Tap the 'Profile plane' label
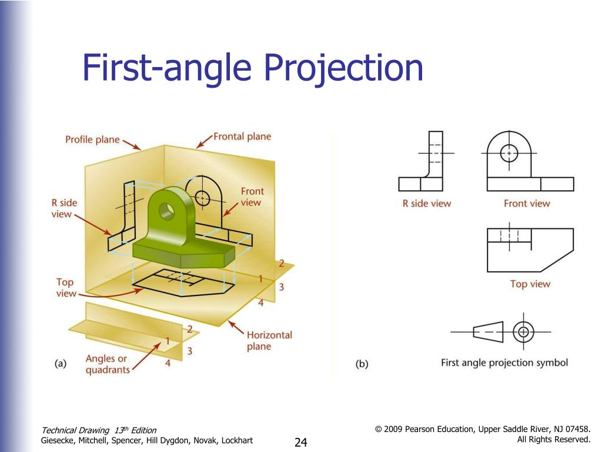(92, 140)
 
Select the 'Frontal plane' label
(242, 137)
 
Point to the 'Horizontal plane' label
(269, 340)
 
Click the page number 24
(301, 442)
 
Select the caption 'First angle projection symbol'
(504, 363)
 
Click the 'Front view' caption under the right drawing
(527, 204)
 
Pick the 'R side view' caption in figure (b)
(427, 204)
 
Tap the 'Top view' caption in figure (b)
(530, 284)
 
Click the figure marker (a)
(61, 364)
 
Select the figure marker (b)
(362, 364)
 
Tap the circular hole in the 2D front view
(509, 153)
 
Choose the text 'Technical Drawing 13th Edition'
(99, 430)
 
